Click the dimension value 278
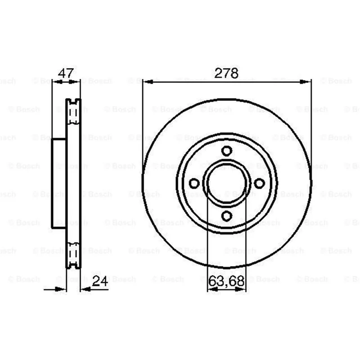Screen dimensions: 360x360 (x=226, y=73)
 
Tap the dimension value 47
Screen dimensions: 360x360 (x=66, y=73)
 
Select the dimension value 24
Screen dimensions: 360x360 (x=100, y=281)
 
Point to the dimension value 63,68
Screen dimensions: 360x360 (x=226, y=281)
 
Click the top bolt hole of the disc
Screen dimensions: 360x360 (x=227, y=151)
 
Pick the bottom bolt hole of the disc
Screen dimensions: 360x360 (x=227, y=216)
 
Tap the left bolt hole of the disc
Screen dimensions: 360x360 (x=194, y=183)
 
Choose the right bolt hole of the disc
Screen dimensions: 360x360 (x=260, y=183)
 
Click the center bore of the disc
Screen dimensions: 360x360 (x=227, y=183)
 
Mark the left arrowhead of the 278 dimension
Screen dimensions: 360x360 (x=148, y=82)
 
